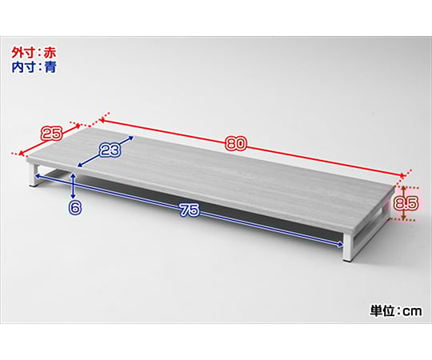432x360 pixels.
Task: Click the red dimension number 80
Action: pyautogui.click(x=235, y=144)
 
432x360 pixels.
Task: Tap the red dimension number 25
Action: pyautogui.click(x=51, y=134)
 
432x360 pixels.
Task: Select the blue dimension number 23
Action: pyautogui.click(x=110, y=150)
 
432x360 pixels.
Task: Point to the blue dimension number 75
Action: pyautogui.click(x=190, y=210)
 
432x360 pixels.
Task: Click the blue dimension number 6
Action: pyautogui.click(x=75, y=208)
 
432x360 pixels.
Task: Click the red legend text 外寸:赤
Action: pyautogui.click(x=34, y=53)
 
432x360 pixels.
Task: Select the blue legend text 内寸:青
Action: pyautogui.click(x=34, y=67)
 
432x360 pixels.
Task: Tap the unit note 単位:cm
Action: pyautogui.click(x=395, y=310)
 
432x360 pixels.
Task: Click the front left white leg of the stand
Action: pyautogui.click(x=34, y=176)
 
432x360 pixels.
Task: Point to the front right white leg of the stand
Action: pyautogui.click(x=348, y=247)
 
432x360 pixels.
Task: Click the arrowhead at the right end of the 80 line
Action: pyautogui.click(x=402, y=175)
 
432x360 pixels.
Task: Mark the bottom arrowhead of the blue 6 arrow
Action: pyautogui.click(x=73, y=195)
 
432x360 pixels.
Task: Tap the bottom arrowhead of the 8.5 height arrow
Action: pyautogui.click(x=403, y=218)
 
